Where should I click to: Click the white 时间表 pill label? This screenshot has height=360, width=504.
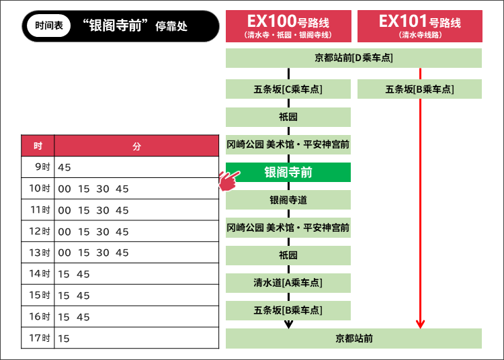tap(49, 26)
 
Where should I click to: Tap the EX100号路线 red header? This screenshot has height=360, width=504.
tap(288, 26)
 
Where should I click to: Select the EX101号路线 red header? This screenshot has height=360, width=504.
tap(420, 26)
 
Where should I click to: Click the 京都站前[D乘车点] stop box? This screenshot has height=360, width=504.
tap(353, 58)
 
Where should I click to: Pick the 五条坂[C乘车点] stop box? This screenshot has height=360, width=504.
tap(288, 89)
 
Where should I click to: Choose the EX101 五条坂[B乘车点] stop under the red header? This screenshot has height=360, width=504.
tap(419, 89)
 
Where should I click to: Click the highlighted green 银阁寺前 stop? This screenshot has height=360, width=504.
tap(288, 172)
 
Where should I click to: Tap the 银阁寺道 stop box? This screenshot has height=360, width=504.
tap(288, 199)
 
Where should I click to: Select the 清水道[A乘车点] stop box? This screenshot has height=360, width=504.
tap(288, 283)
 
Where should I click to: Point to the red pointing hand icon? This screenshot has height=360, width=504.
tap(229, 181)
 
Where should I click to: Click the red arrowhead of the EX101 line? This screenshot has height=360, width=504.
tap(420, 324)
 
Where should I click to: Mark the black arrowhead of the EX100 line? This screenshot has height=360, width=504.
tap(289, 324)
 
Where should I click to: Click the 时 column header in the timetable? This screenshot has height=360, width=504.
tap(38, 146)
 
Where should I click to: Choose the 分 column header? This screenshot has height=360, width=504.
tap(136, 146)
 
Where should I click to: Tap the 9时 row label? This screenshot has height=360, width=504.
tap(42, 167)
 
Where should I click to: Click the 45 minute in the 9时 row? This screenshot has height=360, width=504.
tap(65, 167)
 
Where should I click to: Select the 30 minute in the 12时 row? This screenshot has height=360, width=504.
tap(103, 232)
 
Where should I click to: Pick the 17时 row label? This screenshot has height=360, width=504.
tap(40, 338)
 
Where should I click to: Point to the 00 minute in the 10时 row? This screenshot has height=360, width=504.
tap(65, 189)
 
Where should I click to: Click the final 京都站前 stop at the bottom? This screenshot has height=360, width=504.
tap(353, 339)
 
